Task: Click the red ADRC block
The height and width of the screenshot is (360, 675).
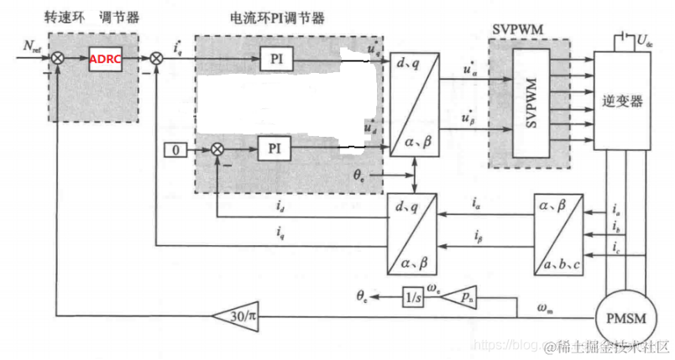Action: click(x=105, y=58)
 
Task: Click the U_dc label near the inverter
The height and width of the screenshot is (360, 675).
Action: click(x=645, y=39)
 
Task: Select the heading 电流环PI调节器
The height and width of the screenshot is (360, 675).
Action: click(x=277, y=18)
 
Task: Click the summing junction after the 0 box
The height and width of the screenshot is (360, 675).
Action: click(x=217, y=149)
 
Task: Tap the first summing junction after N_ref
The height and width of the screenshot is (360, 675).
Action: click(x=59, y=58)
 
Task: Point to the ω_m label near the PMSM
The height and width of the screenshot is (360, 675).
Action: click(x=546, y=308)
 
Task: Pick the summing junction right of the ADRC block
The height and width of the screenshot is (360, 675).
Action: click(x=157, y=58)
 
